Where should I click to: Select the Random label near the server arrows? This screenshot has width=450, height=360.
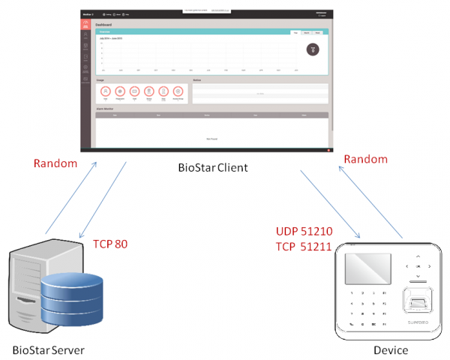(55, 163)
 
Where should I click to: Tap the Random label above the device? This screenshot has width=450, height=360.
(366, 159)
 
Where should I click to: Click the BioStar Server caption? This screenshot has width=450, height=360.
(48, 350)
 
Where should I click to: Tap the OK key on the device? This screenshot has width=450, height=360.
(416, 265)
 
